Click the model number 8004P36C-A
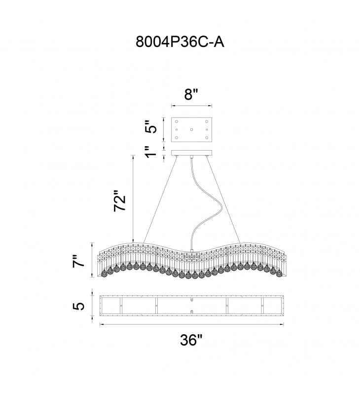click(x=180, y=42)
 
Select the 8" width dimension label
click(x=191, y=95)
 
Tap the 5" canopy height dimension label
click(x=154, y=127)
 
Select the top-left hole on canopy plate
click(x=177, y=121)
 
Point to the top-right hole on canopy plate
click(x=206, y=121)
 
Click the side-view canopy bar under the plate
click(x=191, y=153)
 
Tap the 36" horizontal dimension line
click(x=148, y=324)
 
